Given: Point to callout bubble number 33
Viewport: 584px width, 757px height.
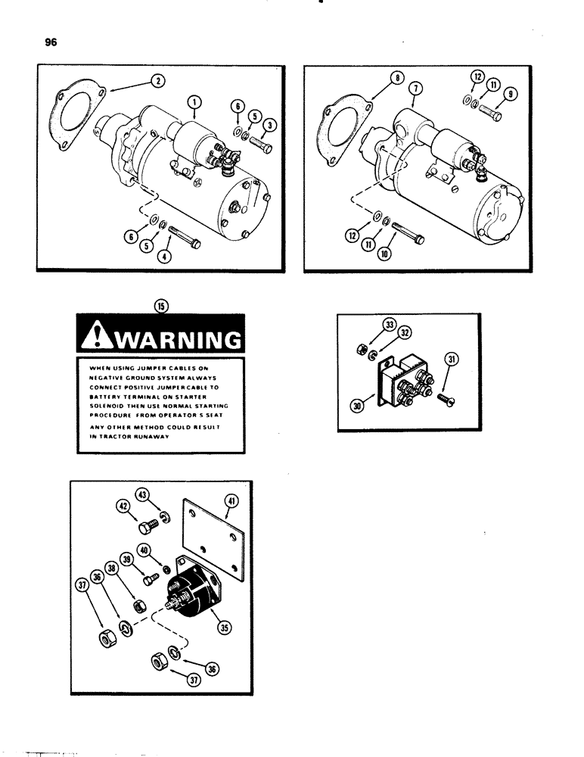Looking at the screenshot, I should point(390,326).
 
